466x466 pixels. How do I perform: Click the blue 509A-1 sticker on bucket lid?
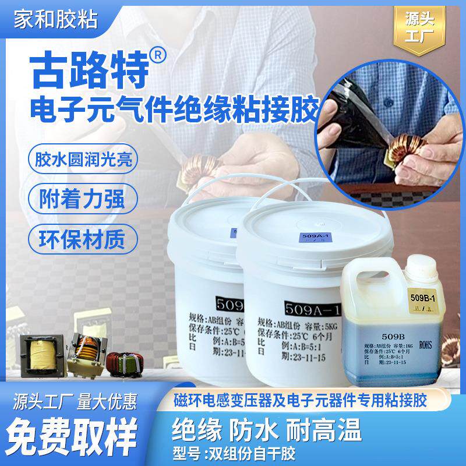click(308, 238)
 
